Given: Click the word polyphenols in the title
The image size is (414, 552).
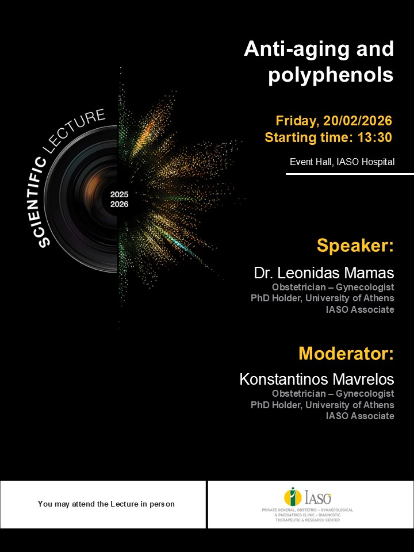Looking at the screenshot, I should point(331,75).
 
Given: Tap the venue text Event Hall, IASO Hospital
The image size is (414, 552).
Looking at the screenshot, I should point(342,162).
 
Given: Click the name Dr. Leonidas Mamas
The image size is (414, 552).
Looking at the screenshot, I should point(324,273).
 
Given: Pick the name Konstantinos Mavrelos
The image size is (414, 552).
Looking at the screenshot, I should point(317,379).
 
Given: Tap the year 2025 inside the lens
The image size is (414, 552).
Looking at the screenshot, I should point(120,194).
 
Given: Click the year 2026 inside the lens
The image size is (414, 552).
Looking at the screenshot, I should point(120,204).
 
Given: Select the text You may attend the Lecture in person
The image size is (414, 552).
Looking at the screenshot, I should point(106,504).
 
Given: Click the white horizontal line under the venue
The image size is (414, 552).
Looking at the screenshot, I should point(350,173).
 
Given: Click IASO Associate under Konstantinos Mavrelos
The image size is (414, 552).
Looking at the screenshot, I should point(360,416).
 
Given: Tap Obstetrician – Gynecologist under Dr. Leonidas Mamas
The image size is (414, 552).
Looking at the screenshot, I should point(333,286).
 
